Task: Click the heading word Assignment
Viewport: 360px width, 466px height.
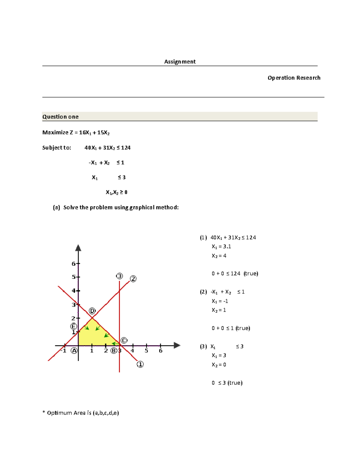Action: coord(180,62)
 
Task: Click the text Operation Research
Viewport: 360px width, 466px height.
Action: coord(294,78)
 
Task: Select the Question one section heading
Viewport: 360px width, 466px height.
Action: coord(60,117)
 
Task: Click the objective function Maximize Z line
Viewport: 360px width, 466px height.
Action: coord(76,132)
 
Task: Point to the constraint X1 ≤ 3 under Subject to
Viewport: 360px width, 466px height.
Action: coord(108,177)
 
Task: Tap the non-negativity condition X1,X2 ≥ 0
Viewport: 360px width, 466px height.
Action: coord(116,192)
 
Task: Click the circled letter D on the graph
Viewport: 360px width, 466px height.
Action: coord(92,311)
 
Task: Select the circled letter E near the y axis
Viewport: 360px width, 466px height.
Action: coord(73,326)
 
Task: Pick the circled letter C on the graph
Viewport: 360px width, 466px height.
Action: coord(124,340)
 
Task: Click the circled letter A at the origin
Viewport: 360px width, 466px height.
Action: coord(74,350)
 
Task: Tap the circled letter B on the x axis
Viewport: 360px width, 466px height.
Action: coord(114,350)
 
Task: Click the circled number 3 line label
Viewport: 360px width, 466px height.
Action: coord(119,276)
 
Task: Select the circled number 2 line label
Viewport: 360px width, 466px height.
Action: coord(133,279)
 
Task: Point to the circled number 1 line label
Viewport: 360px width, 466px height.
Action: coord(140,364)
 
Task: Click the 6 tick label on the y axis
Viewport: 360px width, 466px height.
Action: coord(73,264)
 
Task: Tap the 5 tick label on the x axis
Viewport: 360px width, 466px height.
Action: coord(146,350)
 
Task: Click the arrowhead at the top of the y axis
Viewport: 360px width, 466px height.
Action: coord(78,248)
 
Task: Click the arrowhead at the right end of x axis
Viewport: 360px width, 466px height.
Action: coord(177,345)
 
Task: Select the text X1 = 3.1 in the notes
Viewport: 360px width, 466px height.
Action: coord(221,247)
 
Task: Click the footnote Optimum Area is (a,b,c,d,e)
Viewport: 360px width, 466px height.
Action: coord(81,413)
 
